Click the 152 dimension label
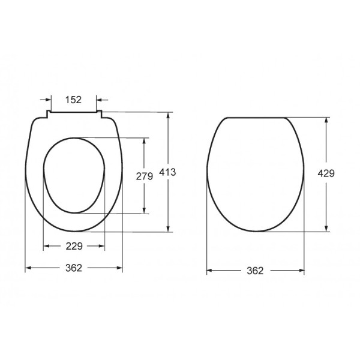tap(73, 100)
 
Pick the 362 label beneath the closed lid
tap(255, 271)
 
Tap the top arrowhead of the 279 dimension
tap(144, 140)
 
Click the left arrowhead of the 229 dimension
tap(47, 246)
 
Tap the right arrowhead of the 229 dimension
tap(102, 246)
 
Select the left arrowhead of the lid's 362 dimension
tap(210, 271)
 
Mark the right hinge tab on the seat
tap(100, 114)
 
